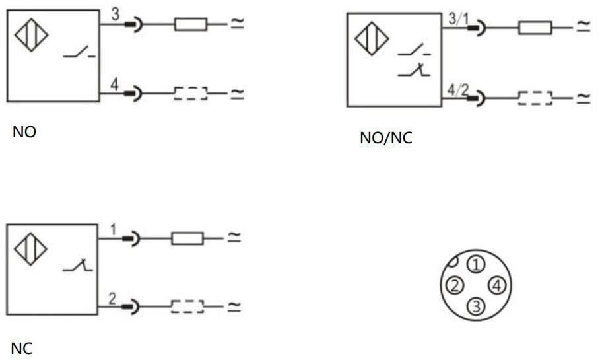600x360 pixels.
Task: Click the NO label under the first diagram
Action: (24, 132)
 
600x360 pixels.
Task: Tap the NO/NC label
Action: (386, 139)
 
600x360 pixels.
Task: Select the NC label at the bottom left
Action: (22, 349)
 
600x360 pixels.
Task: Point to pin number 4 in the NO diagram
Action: (115, 85)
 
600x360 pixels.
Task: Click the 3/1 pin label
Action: (457, 18)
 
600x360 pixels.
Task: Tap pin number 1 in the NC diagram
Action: (113, 230)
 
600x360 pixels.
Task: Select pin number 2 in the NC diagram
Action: (113, 299)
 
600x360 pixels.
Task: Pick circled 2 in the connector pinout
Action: (453, 285)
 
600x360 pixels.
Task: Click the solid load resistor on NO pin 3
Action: (191, 25)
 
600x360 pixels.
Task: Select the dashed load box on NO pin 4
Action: (191, 94)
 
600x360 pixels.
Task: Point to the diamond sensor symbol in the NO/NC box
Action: (372, 38)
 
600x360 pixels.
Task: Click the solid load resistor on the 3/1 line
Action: (535, 28)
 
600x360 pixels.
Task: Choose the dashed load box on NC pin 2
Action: (187, 306)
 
